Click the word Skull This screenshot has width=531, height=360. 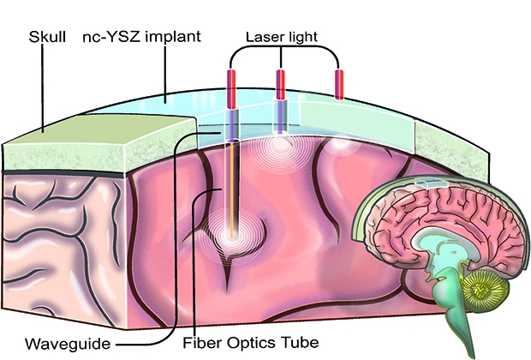point(47,36)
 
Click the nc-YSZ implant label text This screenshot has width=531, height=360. point(142,37)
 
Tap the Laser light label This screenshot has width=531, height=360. point(282,37)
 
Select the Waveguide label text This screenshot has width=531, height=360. point(68,344)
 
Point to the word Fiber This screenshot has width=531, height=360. point(202,342)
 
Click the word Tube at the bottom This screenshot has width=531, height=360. point(302,342)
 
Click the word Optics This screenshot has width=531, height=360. point(254,343)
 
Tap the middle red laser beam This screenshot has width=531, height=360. point(280,84)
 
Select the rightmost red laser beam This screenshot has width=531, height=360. point(339,85)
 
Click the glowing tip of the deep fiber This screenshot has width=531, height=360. point(231,236)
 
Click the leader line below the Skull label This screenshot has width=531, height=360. point(43,88)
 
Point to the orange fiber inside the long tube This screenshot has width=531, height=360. point(231,189)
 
